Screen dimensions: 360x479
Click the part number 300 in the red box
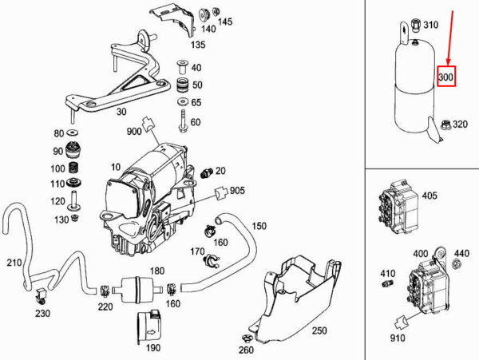click(x=445, y=77)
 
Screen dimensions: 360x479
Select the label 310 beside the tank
click(x=430, y=26)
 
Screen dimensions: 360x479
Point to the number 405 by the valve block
click(x=430, y=195)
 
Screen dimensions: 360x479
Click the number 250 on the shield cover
click(x=319, y=330)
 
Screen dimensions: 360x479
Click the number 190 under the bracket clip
click(x=152, y=348)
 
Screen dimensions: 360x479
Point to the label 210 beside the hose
click(x=14, y=263)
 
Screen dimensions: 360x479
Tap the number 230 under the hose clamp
click(x=42, y=314)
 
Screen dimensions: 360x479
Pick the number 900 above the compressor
click(x=133, y=132)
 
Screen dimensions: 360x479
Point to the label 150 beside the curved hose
click(x=259, y=226)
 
